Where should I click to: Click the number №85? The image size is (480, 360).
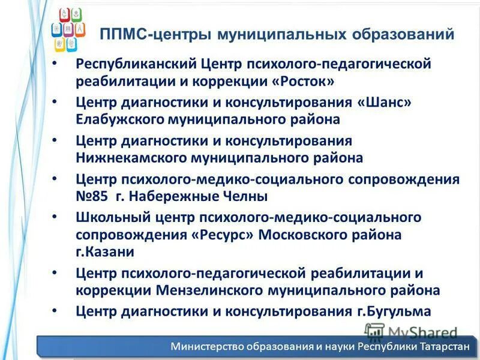pos(93,196)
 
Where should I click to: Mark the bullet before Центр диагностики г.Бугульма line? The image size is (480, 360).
pos(55,311)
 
